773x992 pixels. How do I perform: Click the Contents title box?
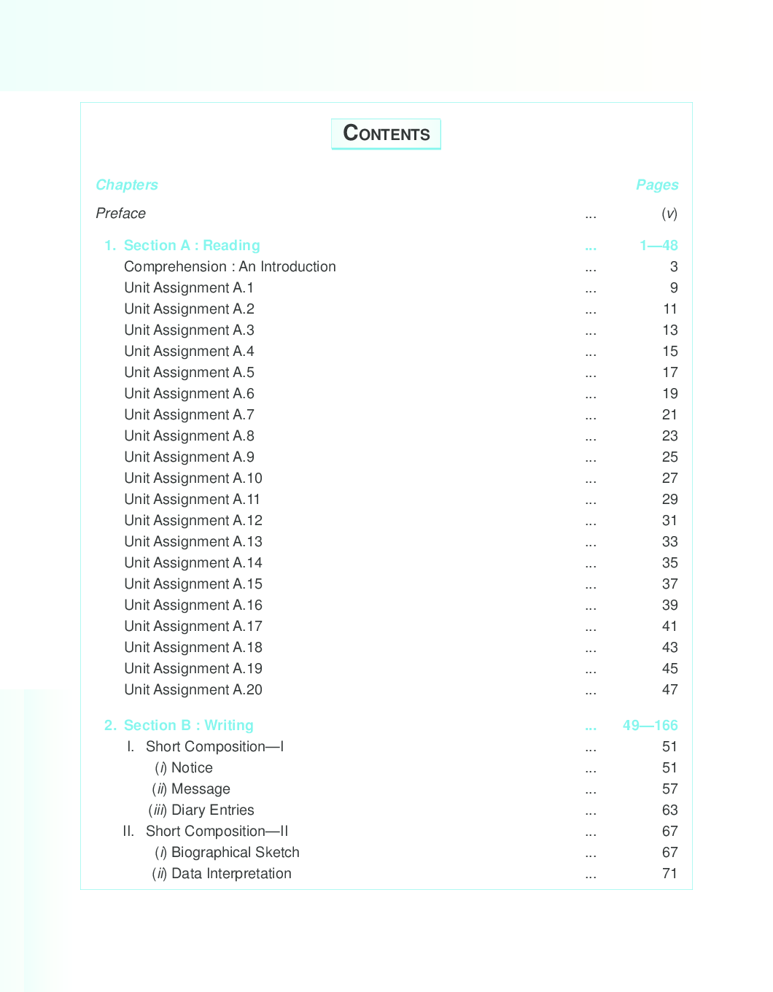tap(386, 133)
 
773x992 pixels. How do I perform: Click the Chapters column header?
tap(127, 185)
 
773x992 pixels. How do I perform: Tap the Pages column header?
tap(657, 185)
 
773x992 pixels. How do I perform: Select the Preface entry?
tap(121, 213)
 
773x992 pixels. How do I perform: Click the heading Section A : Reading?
tap(191, 245)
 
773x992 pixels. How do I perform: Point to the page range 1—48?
tap(659, 245)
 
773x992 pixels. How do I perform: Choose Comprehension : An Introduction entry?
tap(230, 266)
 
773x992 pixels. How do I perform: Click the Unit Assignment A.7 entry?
tap(189, 414)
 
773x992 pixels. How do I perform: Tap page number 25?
tap(669, 457)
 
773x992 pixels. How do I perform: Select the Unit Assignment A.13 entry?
tap(193, 541)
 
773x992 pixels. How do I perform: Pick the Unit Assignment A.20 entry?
tap(193, 689)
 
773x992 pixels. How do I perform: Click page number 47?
tap(669, 689)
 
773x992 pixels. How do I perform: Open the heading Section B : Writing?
tap(188, 725)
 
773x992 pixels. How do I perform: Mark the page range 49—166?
tap(650, 725)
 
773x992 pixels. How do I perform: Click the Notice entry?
tap(192, 767)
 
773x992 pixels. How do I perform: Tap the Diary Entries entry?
tap(212, 810)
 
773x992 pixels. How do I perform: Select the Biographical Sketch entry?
tap(235, 852)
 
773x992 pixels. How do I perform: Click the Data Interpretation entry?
tap(231, 873)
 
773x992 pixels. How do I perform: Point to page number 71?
tap(669, 873)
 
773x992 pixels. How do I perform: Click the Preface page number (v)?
tap(669, 213)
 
